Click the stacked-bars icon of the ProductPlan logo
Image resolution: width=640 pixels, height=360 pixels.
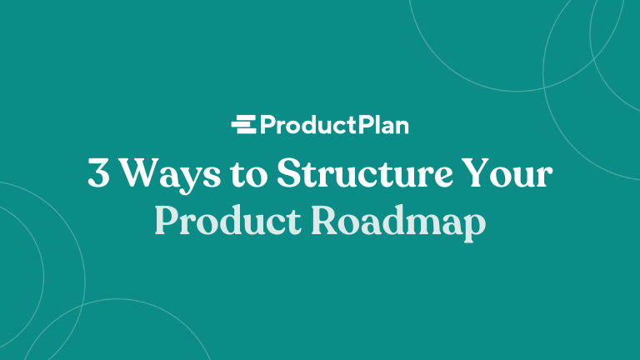pyautogui.click(x=243, y=125)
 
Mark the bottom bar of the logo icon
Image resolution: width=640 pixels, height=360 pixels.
pyautogui.click(x=245, y=132)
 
